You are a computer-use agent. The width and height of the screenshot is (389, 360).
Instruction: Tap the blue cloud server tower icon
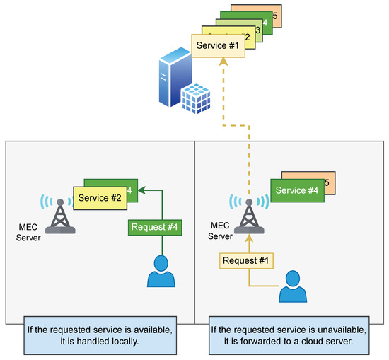click(171, 80)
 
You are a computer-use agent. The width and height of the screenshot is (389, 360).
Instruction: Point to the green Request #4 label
click(153, 228)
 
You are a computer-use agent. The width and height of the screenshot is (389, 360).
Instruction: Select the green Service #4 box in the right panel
click(296, 190)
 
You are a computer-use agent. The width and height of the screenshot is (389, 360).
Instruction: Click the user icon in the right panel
click(293, 286)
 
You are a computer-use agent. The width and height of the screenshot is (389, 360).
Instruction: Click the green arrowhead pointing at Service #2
click(141, 190)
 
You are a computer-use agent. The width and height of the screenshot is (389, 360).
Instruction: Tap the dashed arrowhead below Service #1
click(223, 63)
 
